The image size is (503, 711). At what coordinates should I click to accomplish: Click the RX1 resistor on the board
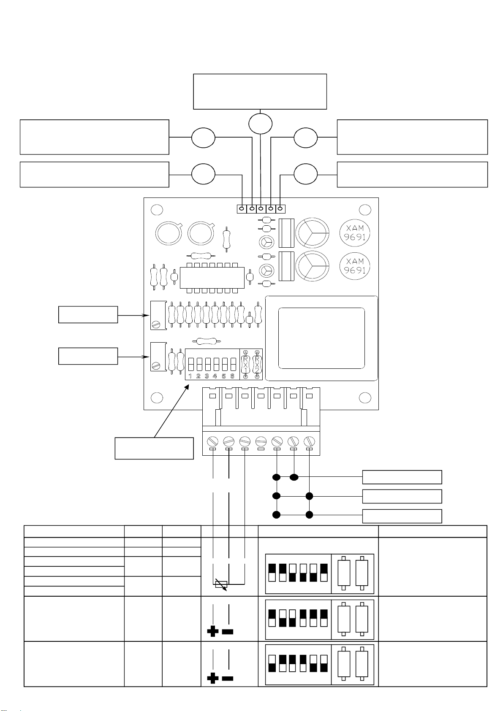coord(245,364)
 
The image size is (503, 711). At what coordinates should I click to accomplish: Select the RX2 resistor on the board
coord(257,364)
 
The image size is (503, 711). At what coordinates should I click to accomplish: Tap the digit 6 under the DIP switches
coord(232,376)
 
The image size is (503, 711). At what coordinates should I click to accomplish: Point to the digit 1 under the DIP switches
coord(190,376)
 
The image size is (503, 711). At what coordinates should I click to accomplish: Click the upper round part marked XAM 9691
coord(355,232)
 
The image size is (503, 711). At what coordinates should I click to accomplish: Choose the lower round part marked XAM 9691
coord(355,266)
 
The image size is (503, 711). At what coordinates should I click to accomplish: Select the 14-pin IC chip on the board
coord(212,278)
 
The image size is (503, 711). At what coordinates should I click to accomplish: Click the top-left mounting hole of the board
coord(157,210)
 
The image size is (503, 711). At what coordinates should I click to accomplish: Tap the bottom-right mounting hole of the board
coord(365,397)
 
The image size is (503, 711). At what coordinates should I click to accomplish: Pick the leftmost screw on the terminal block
coord(212,441)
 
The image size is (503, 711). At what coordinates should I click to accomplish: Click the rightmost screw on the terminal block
coord(309,441)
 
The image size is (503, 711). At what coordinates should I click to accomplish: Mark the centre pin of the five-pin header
coord(261,209)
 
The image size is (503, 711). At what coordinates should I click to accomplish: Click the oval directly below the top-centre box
coord(260,124)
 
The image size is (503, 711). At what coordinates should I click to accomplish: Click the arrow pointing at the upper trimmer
coord(133,316)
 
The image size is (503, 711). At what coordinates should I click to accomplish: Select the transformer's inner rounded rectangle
coord(321,338)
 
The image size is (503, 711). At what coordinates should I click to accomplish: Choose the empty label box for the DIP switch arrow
coord(154,448)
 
